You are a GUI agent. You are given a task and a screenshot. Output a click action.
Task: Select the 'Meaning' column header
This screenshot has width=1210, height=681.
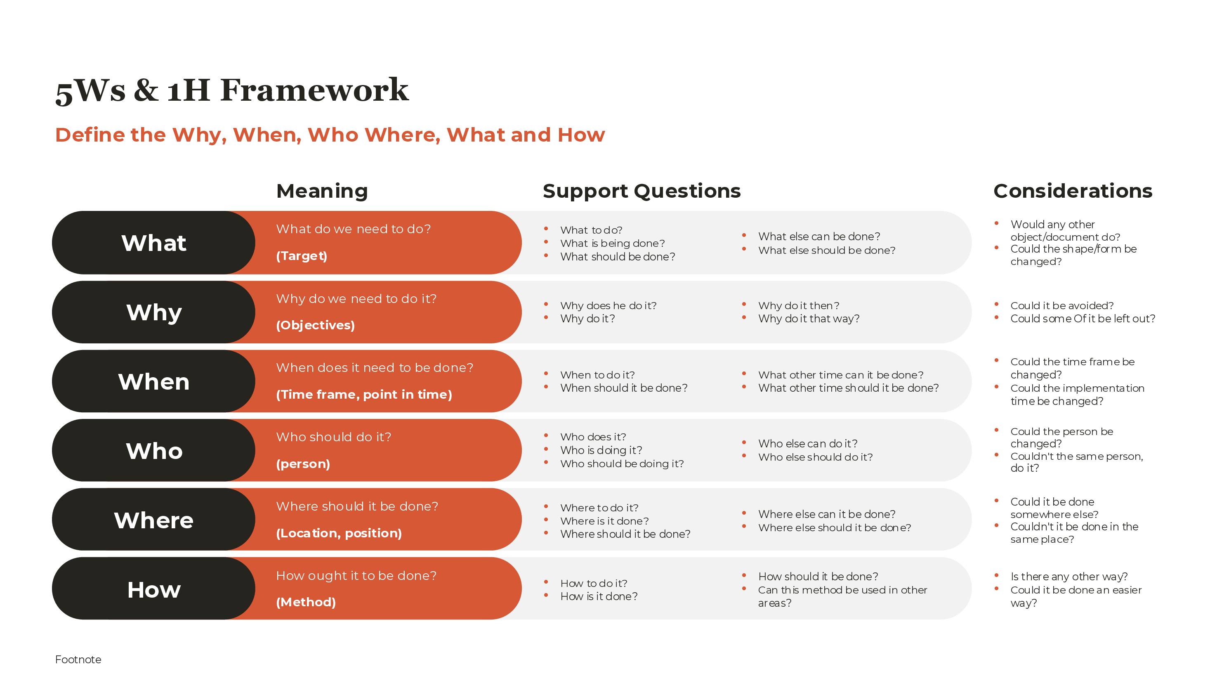[322, 191]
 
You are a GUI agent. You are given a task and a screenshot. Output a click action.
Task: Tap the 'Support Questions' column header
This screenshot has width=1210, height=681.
[641, 191]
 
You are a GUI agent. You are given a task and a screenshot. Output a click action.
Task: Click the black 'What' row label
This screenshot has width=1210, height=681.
[153, 243]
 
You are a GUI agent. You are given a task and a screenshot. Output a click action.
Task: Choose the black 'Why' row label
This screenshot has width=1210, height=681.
[153, 312]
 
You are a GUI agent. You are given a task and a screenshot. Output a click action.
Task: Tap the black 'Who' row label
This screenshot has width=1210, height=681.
[153, 451]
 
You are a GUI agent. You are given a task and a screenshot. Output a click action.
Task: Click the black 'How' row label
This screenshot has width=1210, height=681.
[153, 589]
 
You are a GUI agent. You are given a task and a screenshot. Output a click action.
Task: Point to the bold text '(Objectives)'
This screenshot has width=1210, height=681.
[315, 325]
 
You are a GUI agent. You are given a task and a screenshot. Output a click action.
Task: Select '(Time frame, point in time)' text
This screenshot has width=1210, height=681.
[364, 394]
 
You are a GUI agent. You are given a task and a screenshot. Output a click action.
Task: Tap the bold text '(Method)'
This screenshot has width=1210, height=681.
[306, 602]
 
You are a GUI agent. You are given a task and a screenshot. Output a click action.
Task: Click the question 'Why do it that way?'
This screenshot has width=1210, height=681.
[809, 319]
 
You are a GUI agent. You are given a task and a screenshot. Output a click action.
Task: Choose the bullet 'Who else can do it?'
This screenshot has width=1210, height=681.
[807, 444]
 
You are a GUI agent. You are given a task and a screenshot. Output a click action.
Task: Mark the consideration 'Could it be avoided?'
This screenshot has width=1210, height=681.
[1061, 305]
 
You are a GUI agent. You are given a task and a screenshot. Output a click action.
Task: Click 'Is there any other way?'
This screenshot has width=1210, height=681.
[1068, 577]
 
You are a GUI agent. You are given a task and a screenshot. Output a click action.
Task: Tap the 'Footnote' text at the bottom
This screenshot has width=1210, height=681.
[78, 660]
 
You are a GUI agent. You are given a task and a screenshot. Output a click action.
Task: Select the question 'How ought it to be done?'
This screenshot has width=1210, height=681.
[356, 576]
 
